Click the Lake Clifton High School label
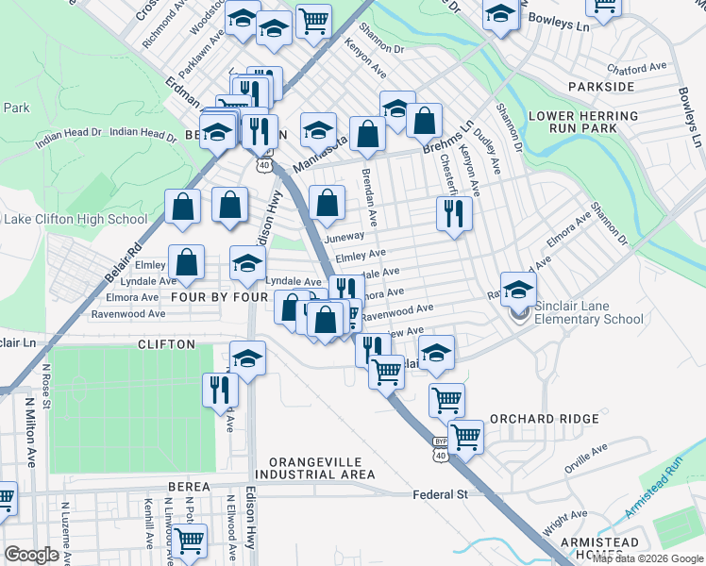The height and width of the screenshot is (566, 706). click(76, 220)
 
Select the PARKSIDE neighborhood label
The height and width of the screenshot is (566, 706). click(601, 87)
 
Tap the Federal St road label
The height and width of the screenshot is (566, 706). click(440, 494)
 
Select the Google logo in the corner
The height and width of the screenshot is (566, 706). click(32, 555)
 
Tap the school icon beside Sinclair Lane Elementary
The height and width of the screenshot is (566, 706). click(518, 290)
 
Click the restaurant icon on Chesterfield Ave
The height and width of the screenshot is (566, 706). click(454, 214)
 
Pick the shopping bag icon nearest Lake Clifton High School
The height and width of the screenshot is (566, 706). click(183, 208)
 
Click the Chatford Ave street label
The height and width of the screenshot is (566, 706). click(636, 69)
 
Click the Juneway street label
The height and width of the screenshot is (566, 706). click(344, 237)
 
